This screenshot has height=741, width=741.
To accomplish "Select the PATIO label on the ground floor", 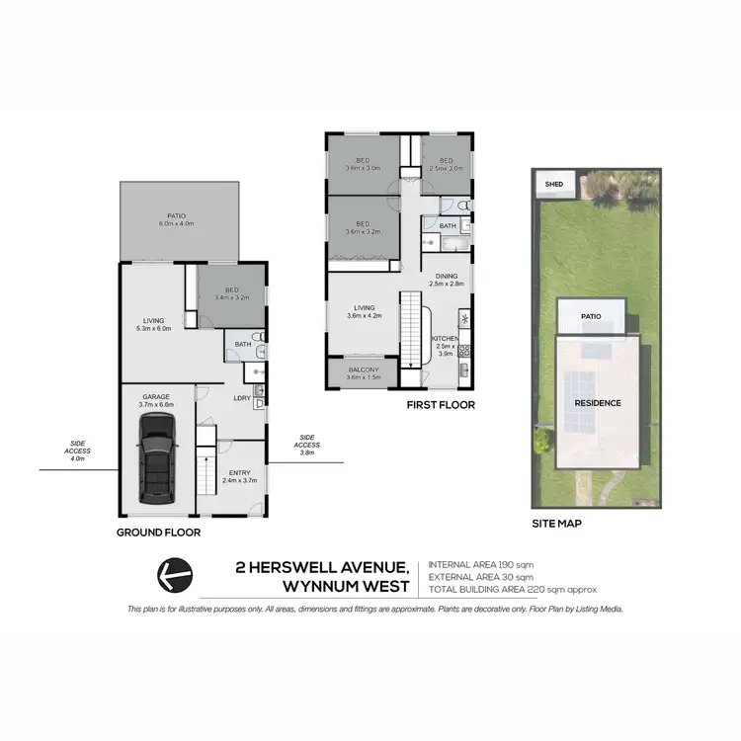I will [x=177, y=218].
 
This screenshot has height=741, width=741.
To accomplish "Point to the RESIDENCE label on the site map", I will [x=599, y=403].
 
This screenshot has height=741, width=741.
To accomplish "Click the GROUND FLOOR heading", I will [x=158, y=532].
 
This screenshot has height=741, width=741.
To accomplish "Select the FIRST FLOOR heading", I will [x=442, y=405].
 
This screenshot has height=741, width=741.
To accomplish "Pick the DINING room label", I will [x=446, y=278].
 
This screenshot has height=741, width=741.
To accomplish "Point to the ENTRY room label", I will [x=238, y=473].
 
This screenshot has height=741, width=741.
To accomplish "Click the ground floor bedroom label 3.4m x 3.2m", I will [x=231, y=291].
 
